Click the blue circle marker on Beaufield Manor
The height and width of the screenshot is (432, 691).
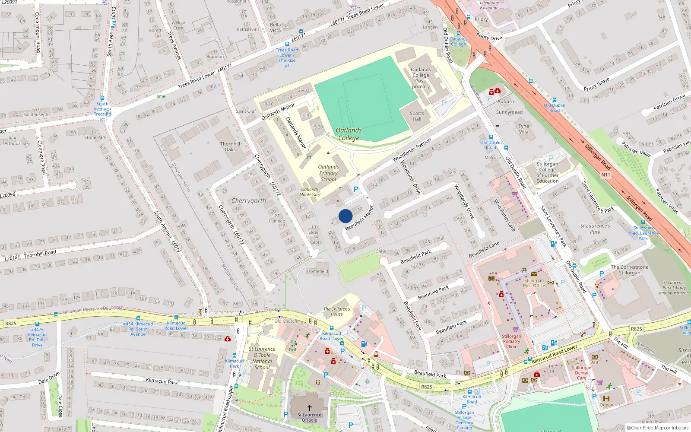(345, 216)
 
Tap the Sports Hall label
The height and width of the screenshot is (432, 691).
(417, 116)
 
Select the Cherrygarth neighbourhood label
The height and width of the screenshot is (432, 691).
(249, 201)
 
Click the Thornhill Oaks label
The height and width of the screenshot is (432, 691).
(230, 146)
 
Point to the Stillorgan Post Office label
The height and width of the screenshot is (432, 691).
(534, 283)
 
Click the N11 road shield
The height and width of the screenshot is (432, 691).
(606, 175)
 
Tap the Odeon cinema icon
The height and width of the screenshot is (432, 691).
(606, 398)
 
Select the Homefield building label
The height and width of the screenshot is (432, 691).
(317, 271)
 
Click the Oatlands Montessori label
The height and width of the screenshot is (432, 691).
(310, 192)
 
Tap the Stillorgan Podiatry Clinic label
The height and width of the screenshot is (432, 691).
(511, 341)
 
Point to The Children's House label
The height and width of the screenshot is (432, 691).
(337, 311)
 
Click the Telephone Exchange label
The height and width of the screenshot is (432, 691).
(489, 5)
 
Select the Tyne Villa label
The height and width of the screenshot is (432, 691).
(523, 129)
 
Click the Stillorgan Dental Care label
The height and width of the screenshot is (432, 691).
(582, 373)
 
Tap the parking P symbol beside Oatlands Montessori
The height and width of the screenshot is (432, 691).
(356, 189)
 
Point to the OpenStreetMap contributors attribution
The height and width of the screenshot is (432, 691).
(658, 428)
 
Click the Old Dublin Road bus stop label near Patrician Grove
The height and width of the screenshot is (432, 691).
(554, 108)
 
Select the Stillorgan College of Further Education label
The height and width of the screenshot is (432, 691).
(547, 172)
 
